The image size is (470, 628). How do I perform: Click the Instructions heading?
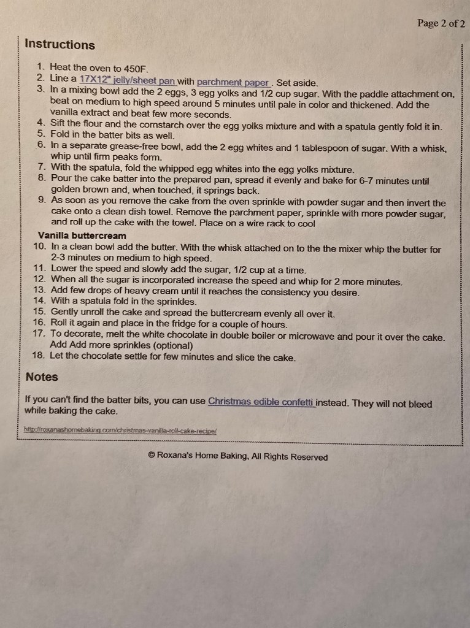[x=60, y=45]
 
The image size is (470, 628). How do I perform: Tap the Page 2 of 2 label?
[x=441, y=23]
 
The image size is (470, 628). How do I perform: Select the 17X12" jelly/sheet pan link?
[x=127, y=79]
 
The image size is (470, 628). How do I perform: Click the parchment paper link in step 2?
[x=234, y=82]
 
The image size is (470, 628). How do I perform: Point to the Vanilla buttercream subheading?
[x=82, y=235]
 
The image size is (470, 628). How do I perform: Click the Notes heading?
[x=42, y=377]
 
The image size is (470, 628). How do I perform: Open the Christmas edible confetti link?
[x=261, y=402]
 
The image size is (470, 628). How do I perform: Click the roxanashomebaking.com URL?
[x=120, y=431]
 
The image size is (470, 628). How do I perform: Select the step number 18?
[x=39, y=356]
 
